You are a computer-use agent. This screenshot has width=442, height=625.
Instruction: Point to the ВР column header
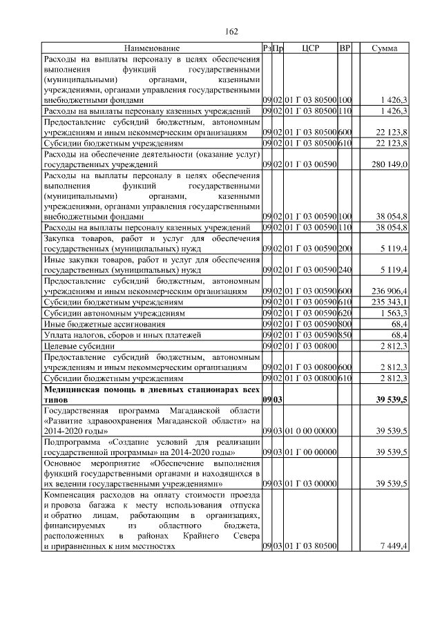tap(345, 48)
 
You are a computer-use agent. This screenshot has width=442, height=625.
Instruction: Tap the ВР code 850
tap(345, 335)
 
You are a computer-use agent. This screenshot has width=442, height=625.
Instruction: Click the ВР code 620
tap(345, 313)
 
